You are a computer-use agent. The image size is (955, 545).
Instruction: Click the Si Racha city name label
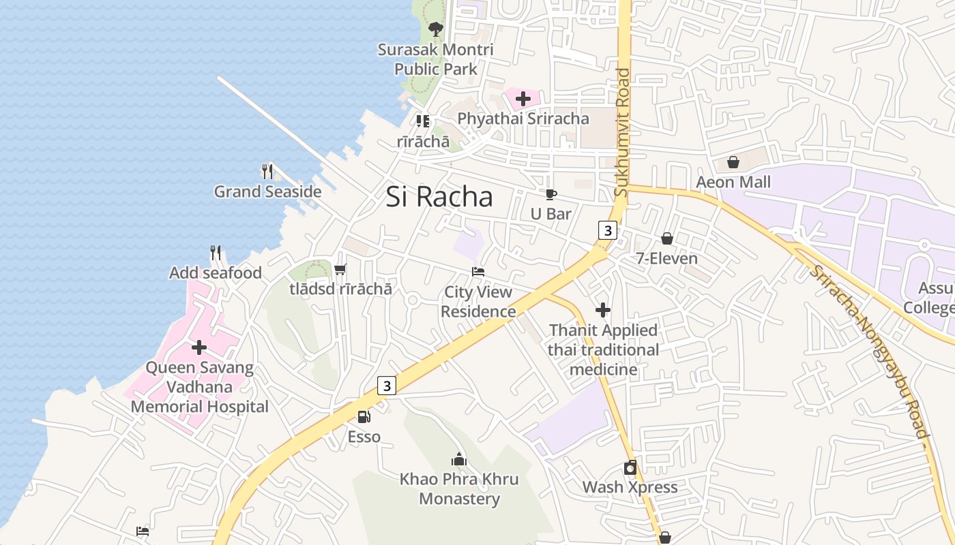pos(439,197)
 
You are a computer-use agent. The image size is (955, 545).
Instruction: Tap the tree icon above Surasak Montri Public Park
pos(435,29)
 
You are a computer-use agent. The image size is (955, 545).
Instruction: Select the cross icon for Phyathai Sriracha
pos(523,99)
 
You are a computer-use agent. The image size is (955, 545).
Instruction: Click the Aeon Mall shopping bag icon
pos(733,162)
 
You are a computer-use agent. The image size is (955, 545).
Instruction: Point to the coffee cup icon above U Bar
pos(551,194)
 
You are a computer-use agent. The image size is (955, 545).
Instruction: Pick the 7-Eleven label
pos(666,258)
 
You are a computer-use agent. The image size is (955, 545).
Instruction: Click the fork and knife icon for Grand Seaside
pos(267,171)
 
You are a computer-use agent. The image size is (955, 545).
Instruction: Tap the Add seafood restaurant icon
pos(216,253)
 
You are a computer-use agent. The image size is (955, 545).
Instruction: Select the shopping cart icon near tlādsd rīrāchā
pos(340,269)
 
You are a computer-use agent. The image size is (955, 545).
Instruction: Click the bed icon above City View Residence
pos(478,272)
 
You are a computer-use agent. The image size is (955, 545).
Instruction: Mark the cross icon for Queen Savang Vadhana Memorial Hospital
pos(199,347)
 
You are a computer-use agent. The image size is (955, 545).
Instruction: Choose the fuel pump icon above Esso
pos(364,416)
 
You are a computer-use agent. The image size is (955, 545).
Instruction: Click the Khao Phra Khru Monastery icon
pos(459,459)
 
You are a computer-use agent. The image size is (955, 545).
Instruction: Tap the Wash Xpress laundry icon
pos(630,467)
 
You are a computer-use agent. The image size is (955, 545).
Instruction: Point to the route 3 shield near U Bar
pos(607,230)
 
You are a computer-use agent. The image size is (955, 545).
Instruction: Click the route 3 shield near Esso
pos(387,386)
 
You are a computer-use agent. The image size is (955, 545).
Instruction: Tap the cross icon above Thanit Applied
pos(603,310)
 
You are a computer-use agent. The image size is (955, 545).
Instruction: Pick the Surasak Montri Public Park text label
pos(436,59)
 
